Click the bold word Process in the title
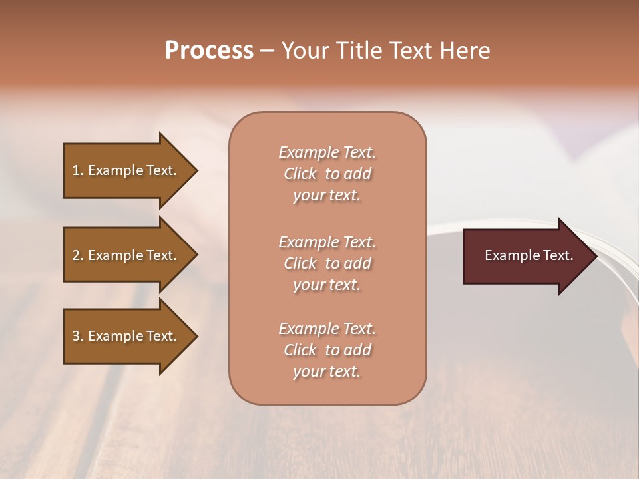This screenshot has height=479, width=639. click(209, 51)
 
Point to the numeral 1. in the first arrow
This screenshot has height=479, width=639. click(78, 170)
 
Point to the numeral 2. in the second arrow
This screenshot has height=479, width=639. click(78, 255)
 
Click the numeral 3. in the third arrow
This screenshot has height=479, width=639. click(78, 336)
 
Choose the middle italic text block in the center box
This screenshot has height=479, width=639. click(327, 263)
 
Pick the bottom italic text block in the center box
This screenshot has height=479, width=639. click(327, 350)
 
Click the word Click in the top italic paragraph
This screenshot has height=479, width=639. click(300, 174)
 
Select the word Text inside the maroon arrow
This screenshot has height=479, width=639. click(558, 255)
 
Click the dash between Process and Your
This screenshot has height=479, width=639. click(267, 51)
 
